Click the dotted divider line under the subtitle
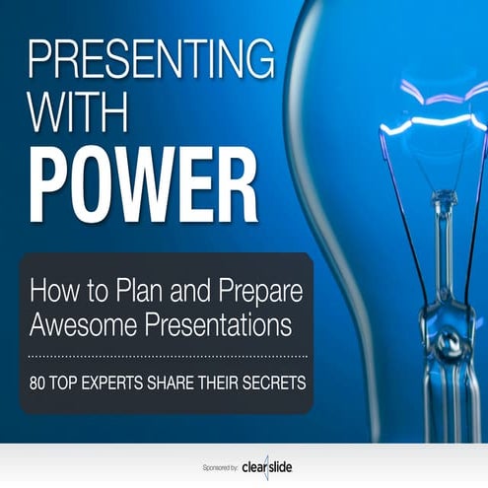(168, 353)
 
